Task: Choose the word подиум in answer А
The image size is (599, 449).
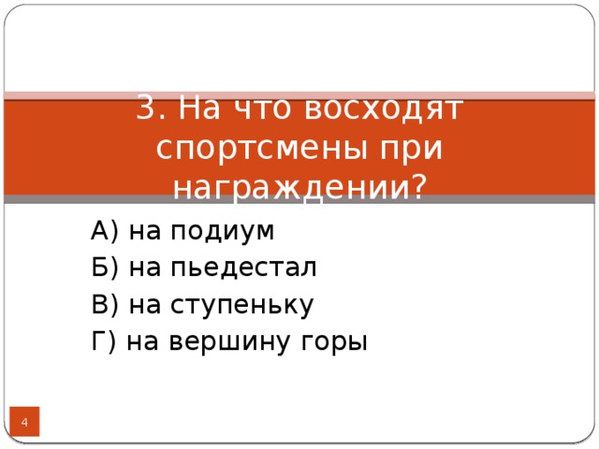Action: point(222,231)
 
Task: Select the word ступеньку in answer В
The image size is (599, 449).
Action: point(241,306)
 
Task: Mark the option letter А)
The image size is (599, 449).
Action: point(104,230)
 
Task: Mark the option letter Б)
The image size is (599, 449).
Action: point(104,268)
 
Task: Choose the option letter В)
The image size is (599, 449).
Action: point(104,305)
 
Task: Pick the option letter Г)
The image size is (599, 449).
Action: point(103,342)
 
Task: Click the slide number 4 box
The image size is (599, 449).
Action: point(24,426)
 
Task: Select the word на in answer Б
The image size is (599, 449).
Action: point(145,268)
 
